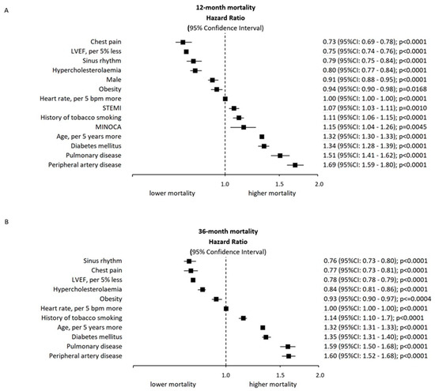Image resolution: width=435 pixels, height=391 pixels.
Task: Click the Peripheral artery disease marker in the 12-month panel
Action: [x=294, y=165]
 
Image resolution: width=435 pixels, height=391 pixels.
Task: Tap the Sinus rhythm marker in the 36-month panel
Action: [x=189, y=261]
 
